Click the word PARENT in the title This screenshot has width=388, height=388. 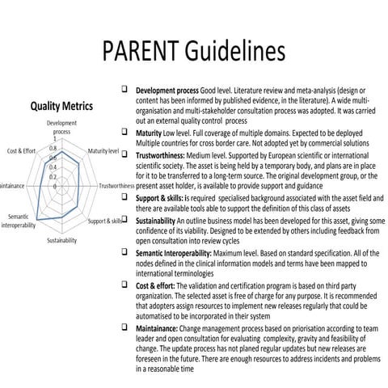point(145,51)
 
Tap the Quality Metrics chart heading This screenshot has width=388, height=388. point(61,107)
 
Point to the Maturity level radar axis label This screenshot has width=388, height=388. point(104,151)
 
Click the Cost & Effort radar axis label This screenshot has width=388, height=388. point(21,151)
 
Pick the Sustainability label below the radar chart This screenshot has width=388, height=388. point(61,241)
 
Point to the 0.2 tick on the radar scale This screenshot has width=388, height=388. point(53,176)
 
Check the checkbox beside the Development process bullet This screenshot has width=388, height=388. point(125,88)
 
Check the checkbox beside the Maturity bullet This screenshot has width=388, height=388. point(125,129)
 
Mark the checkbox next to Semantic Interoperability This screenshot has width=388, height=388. point(125,252)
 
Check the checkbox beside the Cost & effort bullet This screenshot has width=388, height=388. point(125,283)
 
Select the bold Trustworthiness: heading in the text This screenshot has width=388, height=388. point(167,151)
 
